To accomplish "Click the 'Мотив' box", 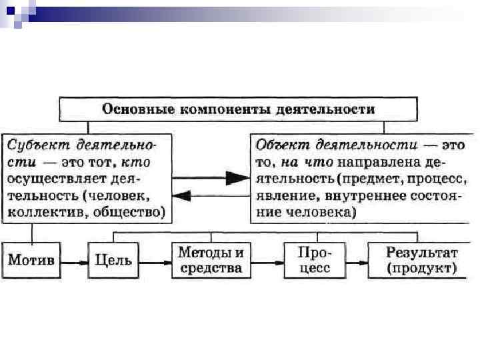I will pyautogui.click(x=31, y=260).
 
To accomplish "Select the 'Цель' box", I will pyautogui.click(x=113, y=260).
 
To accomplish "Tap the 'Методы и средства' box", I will pyautogui.click(x=211, y=260).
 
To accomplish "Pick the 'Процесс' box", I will pyautogui.click(x=313, y=260).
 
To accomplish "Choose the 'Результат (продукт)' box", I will pyautogui.click(x=421, y=260).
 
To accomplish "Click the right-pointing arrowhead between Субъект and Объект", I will pyautogui.click(x=235, y=178).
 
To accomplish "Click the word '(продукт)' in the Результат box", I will pyautogui.click(x=421, y=269).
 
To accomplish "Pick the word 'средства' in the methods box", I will pyautogui.click(x=211, y=269).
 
